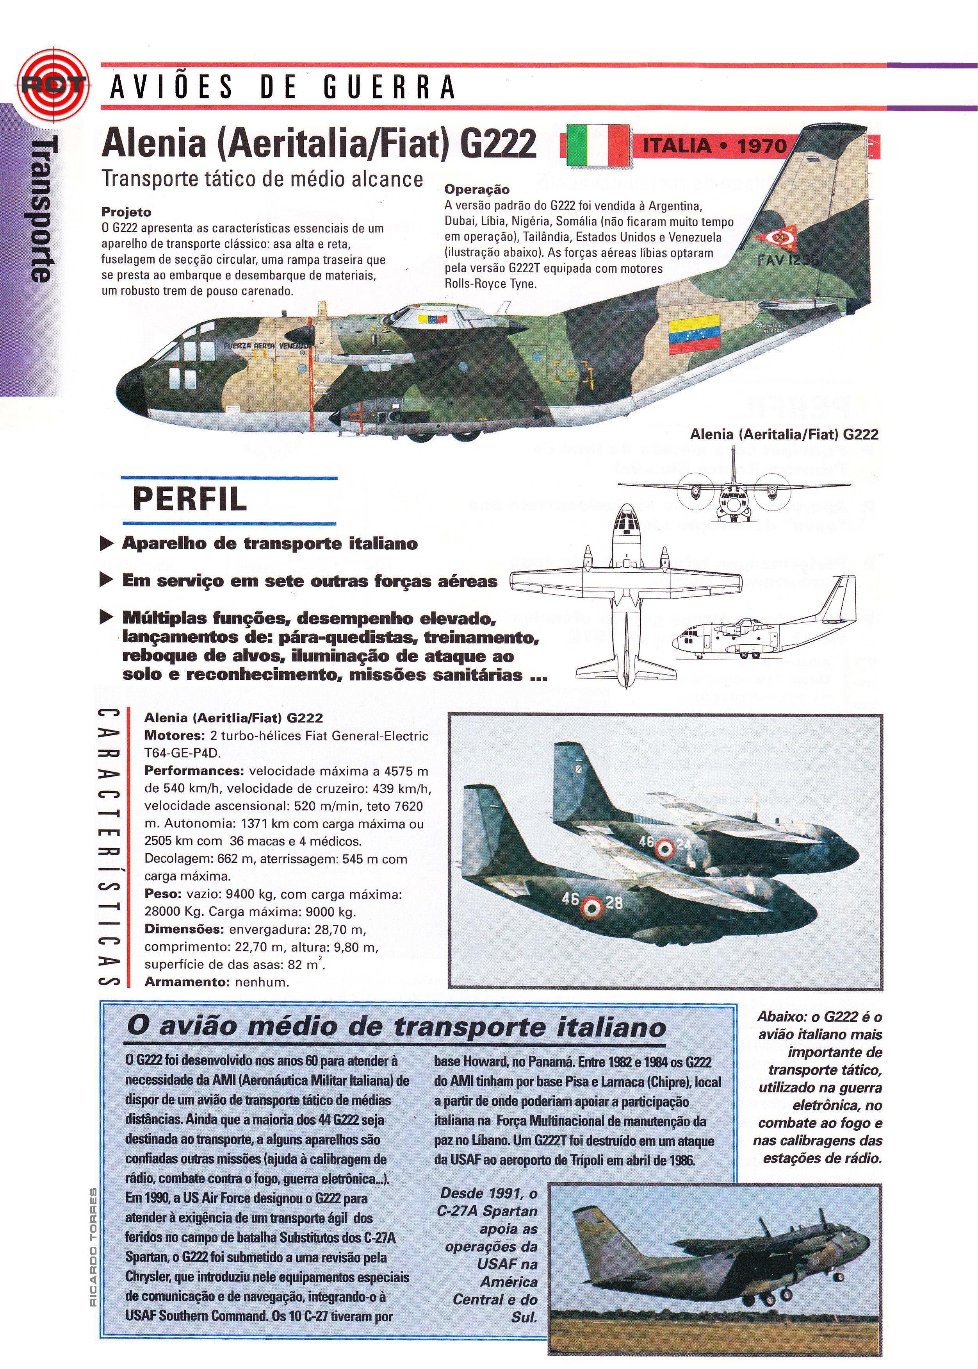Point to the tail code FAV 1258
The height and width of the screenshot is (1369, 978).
point(788,260)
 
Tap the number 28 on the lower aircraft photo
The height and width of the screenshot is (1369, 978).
point(614,902)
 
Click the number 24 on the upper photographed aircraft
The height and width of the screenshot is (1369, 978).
point(683,844)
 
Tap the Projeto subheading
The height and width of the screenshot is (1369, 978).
point(126,212)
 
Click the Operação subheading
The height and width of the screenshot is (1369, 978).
point(477,189)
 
